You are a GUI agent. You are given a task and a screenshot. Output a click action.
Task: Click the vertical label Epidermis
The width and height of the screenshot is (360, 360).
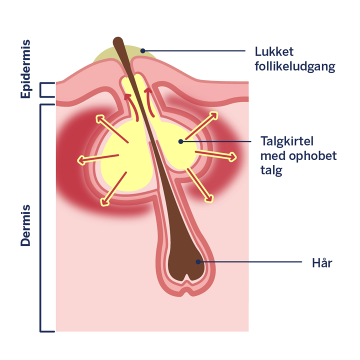coord(25,69)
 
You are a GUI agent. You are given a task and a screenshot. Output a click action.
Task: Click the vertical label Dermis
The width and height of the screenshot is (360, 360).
coord(25,225)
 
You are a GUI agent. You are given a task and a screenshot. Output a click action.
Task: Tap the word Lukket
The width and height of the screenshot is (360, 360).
coord(274,51)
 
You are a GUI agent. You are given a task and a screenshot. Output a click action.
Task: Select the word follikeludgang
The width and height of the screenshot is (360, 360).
coord(295,66)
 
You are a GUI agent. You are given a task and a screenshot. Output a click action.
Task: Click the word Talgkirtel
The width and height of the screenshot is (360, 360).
coord(287,141)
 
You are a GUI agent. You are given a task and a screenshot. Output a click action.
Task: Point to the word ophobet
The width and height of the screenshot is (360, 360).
coord(312,156)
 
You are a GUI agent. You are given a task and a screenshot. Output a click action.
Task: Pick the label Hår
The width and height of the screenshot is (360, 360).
coord(322,262)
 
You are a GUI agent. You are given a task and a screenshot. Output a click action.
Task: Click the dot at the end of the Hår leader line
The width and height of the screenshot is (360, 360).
coord(198,261)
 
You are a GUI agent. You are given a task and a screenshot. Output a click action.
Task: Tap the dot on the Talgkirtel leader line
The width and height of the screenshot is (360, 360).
coord(181,141)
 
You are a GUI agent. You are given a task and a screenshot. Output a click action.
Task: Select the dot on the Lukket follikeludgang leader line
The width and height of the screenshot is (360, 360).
coord(143,50)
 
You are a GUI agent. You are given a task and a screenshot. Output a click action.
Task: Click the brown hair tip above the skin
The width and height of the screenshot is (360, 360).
coord(118,40)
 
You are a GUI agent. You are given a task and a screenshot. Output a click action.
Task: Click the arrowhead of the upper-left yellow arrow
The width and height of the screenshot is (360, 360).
coord(100,119)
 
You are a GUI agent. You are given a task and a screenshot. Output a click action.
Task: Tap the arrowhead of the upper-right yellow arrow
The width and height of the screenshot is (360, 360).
coord(213,115)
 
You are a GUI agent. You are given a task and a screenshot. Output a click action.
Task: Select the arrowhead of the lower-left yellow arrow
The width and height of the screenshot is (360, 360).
coord(104,201)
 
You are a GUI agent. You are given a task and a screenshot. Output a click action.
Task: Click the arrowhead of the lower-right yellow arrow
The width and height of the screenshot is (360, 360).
coord(209,198)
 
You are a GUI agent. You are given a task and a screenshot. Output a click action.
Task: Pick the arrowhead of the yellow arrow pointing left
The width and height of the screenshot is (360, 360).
coord(81,160)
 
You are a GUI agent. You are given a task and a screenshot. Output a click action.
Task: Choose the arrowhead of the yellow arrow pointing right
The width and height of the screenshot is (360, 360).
coord(232,157)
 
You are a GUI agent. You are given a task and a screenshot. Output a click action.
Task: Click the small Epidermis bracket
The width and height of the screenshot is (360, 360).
coord(46,90)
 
